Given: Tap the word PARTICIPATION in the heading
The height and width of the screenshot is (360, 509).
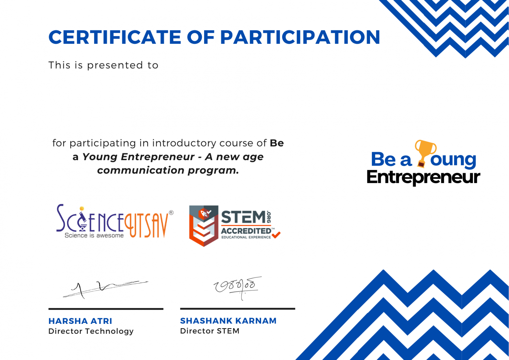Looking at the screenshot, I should pyautogui.click(x=300, y=37).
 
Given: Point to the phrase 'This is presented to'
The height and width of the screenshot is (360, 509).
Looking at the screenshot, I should pyautogui.click(x=103, y=65).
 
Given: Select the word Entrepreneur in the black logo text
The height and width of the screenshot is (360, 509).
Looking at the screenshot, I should pyautogui.click(x=423, y=177).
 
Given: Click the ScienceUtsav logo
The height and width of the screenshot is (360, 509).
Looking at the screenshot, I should pyautogui.click(x=113, y=221).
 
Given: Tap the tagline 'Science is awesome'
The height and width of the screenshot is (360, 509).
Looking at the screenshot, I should pyautogui.click(x=94, y=235).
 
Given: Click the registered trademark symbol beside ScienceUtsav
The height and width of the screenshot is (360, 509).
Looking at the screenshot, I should pyautogui.click(x=171, y=213).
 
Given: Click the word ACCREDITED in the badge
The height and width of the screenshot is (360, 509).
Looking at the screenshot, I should pyautogui.click(x=246, y=231).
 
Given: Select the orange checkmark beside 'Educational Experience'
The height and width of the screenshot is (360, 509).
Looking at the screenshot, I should pyautogui.click(x=276, y=235).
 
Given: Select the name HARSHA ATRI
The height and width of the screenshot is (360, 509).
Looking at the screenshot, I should pyautogui.click(x=80, y=321).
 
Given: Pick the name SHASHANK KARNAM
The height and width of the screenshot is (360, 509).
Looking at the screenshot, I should pyautogui.click(x=228, y=321).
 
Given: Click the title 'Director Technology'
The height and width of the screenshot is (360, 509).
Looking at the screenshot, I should pyautogui.click(x=91, y=331).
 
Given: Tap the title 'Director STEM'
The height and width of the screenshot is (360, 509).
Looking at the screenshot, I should pyautogui.click(x=209, y=331).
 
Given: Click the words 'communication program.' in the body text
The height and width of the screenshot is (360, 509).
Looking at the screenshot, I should pyautogui.click(x=168, y=170).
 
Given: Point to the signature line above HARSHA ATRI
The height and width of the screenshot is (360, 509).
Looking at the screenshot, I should pyautogui.click(x=106, y=309).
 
